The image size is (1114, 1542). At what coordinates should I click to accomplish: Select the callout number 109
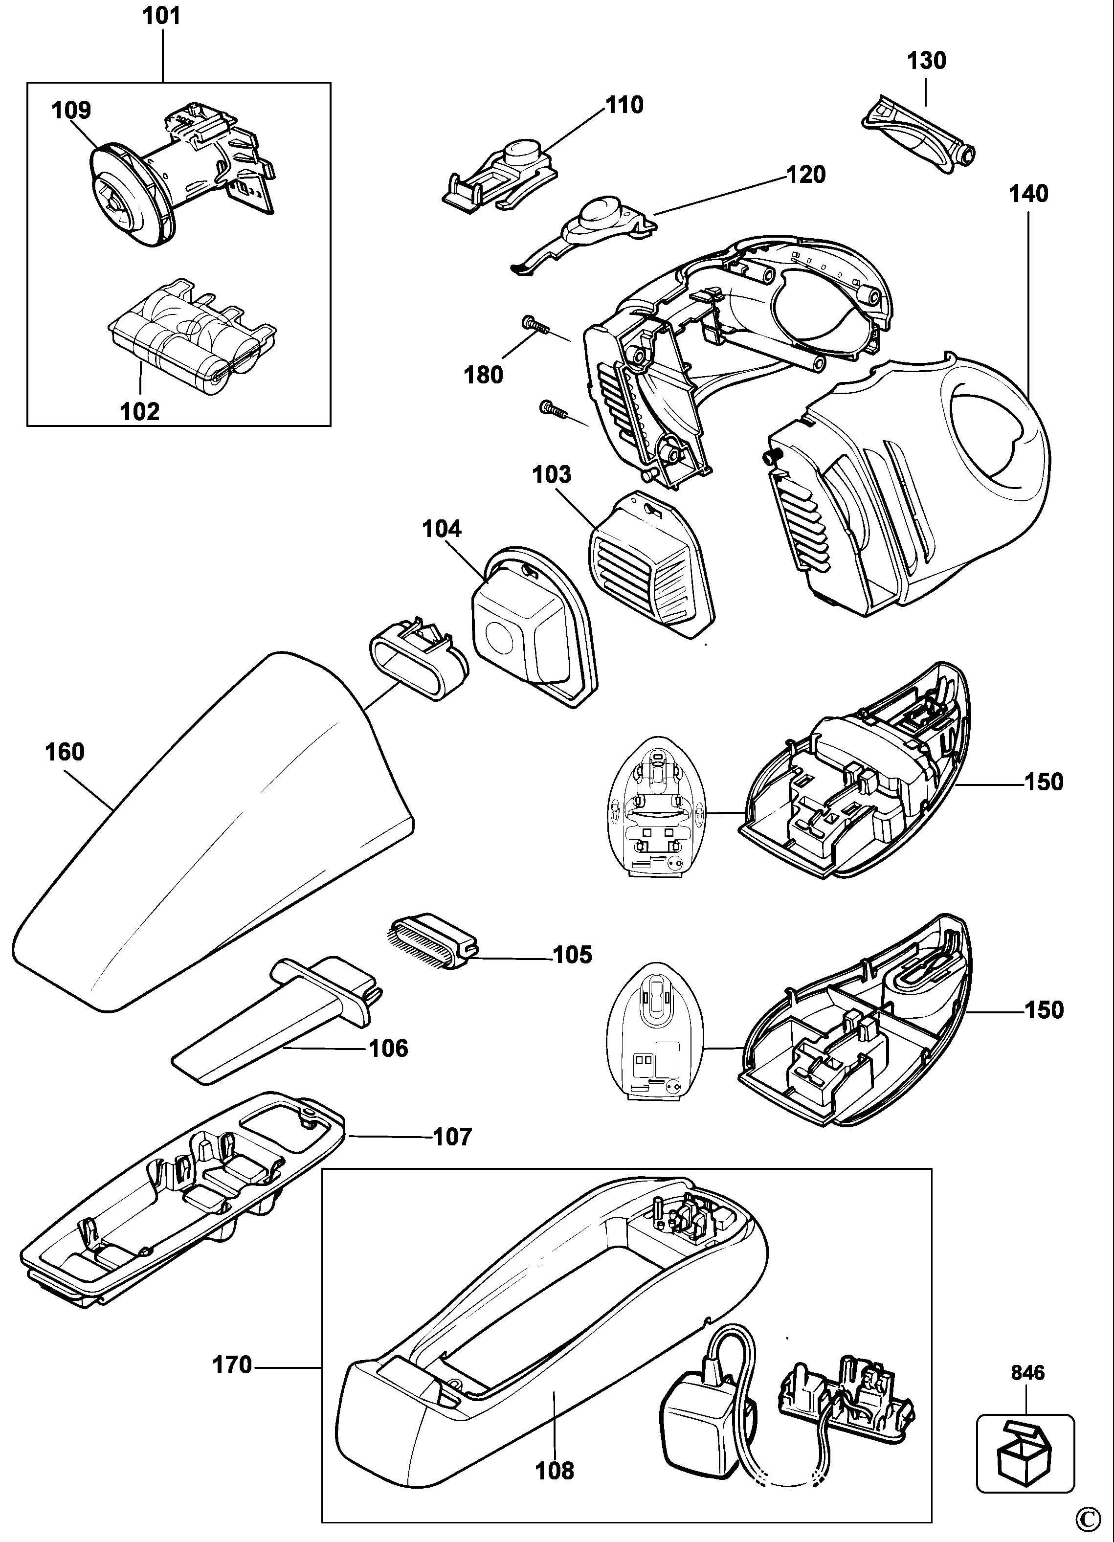(x=71, y=110)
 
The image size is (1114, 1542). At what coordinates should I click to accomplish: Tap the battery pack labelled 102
(x=193, y=338)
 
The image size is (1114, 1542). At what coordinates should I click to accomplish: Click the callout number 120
(x=806, y=175)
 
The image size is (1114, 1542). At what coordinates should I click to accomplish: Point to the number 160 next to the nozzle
(x=65, y=752)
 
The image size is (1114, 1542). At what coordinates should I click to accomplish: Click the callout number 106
(x=388, y=1049)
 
